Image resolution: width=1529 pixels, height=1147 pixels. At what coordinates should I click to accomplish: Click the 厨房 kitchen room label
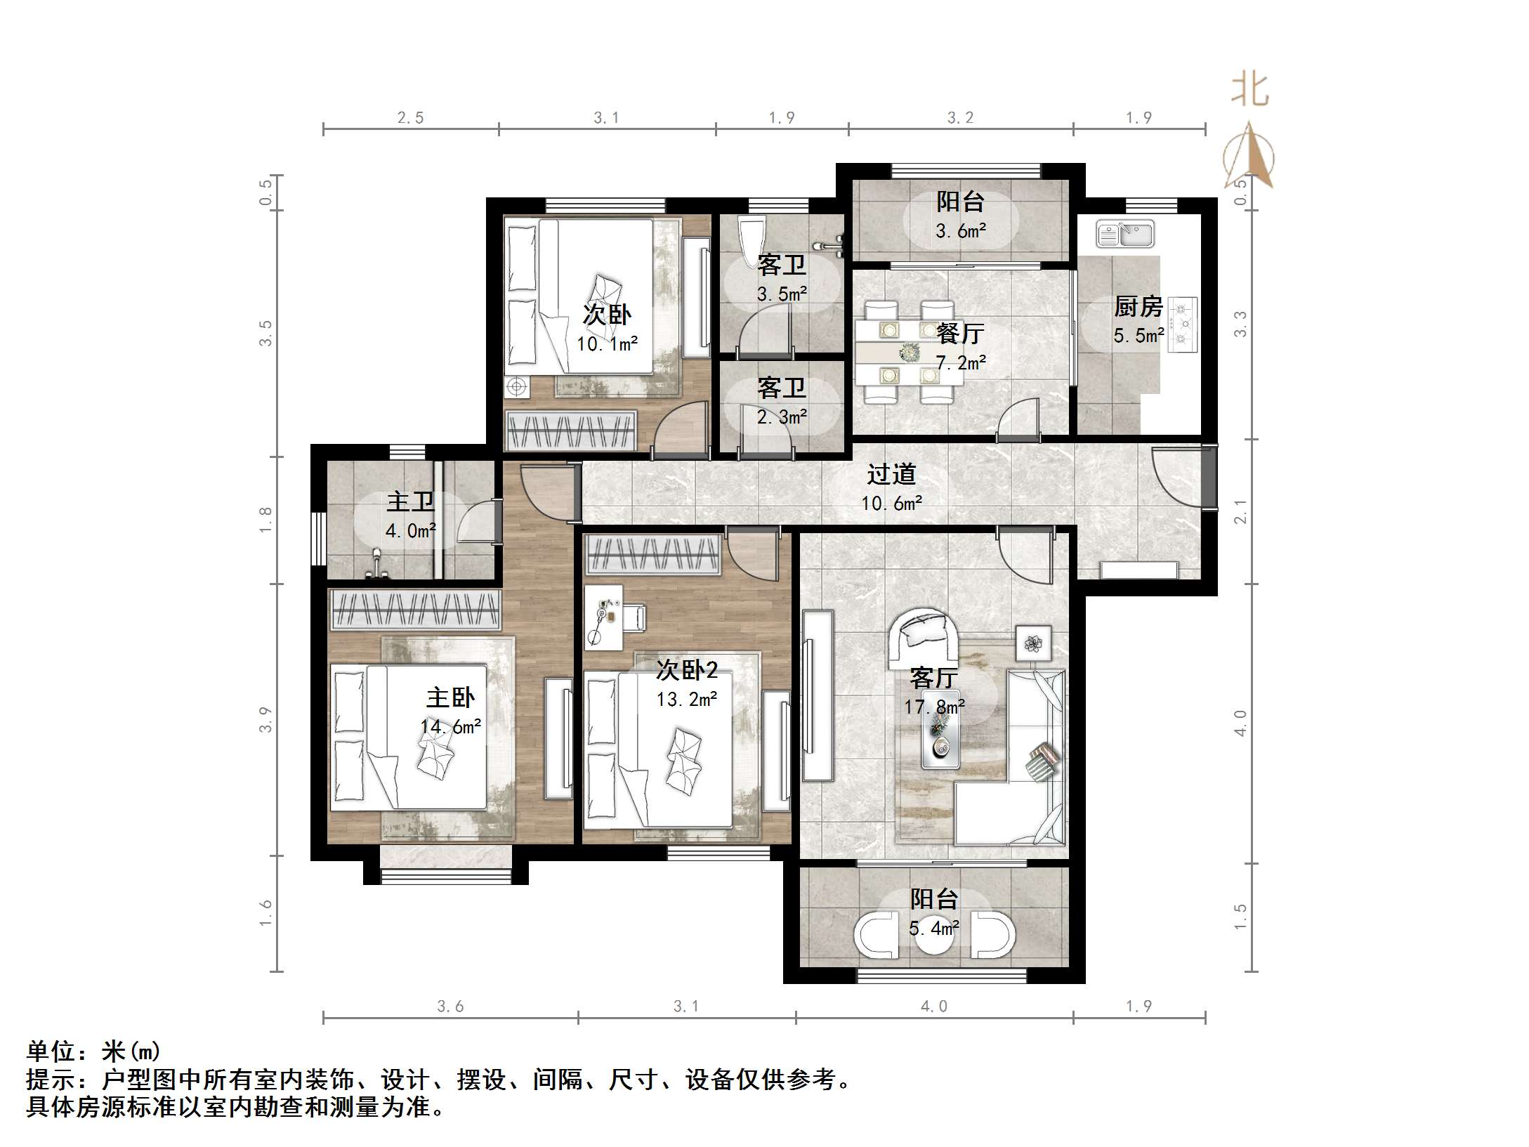coord(1138,307)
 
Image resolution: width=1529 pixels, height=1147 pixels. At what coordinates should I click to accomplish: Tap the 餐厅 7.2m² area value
coord(961,363)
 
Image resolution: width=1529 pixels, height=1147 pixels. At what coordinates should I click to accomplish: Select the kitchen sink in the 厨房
coord(1125,235)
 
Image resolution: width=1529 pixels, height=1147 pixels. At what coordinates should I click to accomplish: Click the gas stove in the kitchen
coord(1185,324)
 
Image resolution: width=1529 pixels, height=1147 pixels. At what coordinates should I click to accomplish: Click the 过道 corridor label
coord(891,474)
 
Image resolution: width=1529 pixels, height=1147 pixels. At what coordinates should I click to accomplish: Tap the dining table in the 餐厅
coord(909,351)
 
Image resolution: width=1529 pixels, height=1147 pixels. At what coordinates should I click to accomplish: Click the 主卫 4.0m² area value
coord(410,531)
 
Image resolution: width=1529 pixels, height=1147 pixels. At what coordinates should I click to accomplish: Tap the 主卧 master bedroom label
coord(450,697)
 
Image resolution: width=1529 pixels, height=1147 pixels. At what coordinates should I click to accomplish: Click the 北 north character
coord(1249,91)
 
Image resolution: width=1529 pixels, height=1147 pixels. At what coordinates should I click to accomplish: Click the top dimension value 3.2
coord(960,118)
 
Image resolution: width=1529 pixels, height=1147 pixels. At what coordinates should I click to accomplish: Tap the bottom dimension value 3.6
coord(450,1007)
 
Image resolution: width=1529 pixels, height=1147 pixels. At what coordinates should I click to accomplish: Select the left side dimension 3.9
coord(265,719)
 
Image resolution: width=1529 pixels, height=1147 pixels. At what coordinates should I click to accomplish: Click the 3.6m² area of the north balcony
coord(961,230)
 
